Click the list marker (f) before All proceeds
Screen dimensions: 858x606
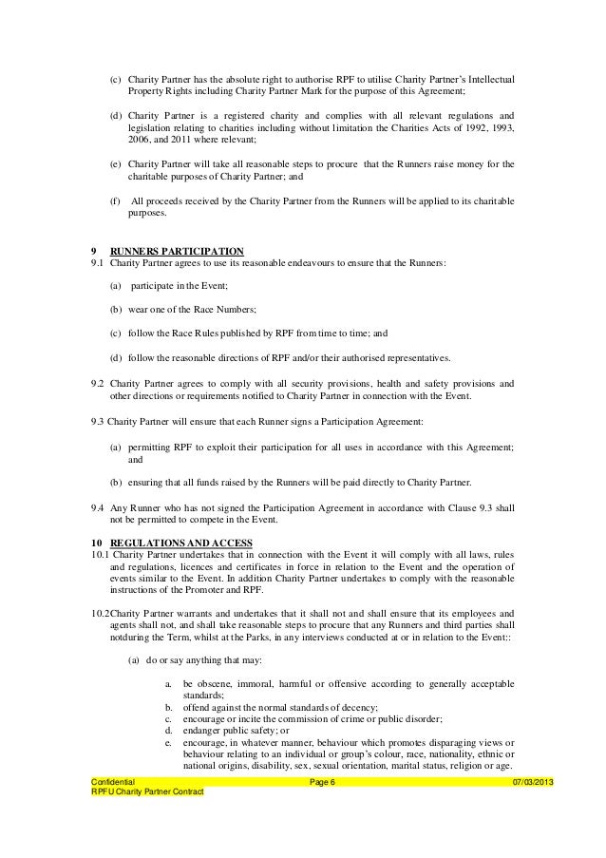tap(115, 201)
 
